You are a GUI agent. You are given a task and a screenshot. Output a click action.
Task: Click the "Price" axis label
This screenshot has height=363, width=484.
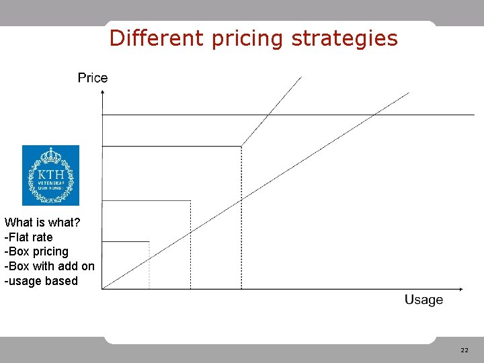click(x=93, y=78)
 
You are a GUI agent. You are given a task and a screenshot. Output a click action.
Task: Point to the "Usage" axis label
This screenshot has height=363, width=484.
click(x=424, y=300)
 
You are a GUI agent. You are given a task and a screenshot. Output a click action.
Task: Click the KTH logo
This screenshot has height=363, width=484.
click(x=50, y=175)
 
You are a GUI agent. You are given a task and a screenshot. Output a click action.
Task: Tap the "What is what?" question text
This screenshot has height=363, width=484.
click(x=42, y=223)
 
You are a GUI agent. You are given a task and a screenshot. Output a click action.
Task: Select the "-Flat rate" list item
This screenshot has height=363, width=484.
click(x=28, y=237)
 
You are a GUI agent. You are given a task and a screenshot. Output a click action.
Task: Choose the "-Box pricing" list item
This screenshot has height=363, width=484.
click(x=36, y=251)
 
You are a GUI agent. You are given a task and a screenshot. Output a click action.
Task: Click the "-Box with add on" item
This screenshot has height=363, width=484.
click(x=49, y=266)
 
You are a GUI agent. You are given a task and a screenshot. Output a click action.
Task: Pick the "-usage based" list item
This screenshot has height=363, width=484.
click(x=41, y=281)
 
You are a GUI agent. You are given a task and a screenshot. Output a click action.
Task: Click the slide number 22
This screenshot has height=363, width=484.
click(x=465, y=350)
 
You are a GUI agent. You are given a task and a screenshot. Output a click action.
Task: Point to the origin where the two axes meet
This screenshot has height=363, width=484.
click(x=102, y=289)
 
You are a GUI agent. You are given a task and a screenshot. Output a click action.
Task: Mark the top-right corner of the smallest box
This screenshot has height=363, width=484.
click(x=149, y=241)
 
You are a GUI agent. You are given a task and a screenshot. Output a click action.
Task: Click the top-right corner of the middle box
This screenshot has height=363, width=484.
click(x=191, y=200)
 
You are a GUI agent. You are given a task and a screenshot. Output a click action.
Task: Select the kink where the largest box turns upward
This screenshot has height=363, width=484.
click(x=241, y=146)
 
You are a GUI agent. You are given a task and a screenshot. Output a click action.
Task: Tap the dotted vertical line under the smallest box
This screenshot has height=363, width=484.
click(x=149, y=266)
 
